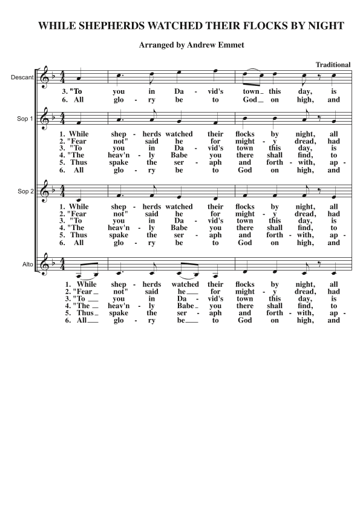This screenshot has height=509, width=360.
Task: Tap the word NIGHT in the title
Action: [326, 26]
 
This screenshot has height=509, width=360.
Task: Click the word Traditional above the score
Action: [333, 65]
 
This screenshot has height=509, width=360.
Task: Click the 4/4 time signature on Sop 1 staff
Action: [62, 119]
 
